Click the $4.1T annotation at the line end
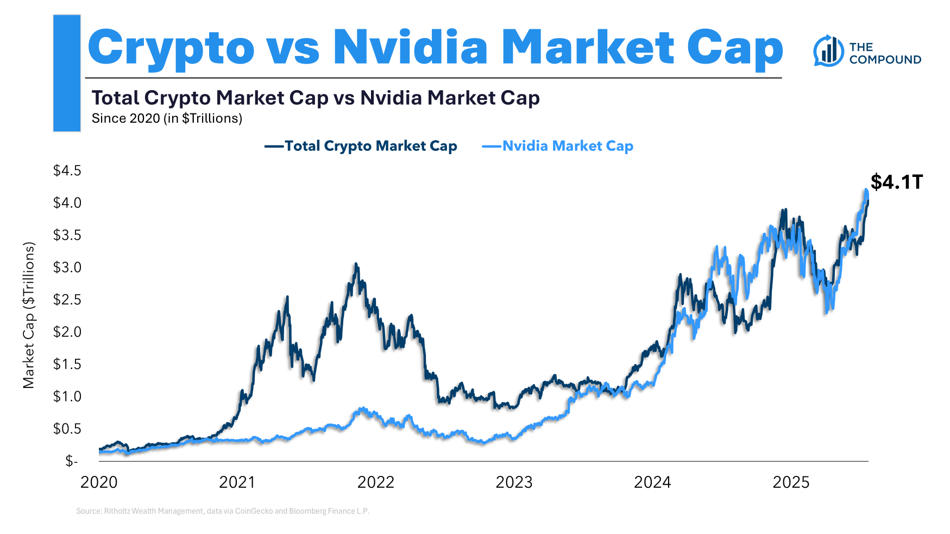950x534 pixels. [896, 182]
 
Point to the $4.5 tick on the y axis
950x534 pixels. [67, 171]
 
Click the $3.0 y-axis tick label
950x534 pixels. [67, 268]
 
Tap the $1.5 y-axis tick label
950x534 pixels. [67, 364]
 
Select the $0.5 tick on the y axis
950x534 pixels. [67, 429]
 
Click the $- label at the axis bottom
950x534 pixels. [71, 461]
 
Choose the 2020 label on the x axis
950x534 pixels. [99, 482]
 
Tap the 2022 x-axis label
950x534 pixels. [376, 482]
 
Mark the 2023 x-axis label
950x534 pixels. [514, 482]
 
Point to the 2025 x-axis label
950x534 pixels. [791, 482]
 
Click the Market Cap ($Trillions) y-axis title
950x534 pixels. [29, 315]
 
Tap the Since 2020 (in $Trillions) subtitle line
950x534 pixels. [167, 118]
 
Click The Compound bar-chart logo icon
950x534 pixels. [828, 52]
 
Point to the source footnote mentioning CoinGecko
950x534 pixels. [223, 511]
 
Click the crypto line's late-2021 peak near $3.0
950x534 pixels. [356, 264]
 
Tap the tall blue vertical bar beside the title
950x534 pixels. [67, 73]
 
